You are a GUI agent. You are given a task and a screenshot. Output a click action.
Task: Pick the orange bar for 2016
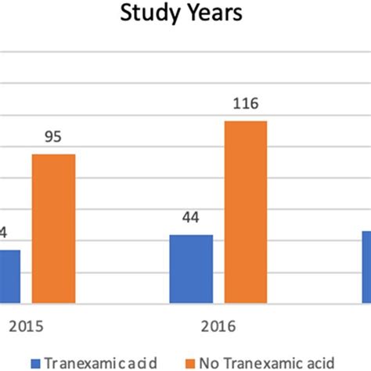pos(246,212)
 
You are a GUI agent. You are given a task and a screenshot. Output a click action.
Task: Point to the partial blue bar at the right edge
pos(366,267)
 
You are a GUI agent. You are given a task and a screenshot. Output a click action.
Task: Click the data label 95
pos(52,138)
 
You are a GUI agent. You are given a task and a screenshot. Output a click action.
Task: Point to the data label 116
pos(246,104)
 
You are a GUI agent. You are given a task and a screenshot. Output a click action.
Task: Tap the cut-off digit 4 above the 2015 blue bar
pos(3,233)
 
